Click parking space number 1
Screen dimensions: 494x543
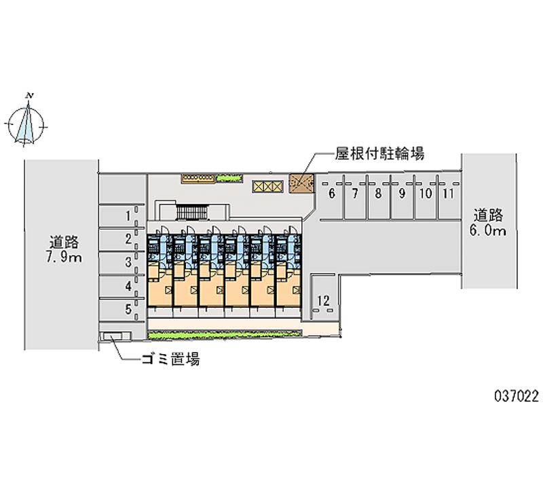coord(122,217)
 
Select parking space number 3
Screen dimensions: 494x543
coord(122,262)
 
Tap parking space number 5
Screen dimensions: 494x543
coord(122,310)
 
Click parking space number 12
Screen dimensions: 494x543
coord(324,300)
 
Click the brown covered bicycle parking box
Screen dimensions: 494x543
coord(300,183)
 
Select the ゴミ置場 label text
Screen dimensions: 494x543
coord(169,360)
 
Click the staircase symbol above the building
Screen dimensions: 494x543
coord(190,211)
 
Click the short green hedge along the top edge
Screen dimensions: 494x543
coord(229,179)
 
